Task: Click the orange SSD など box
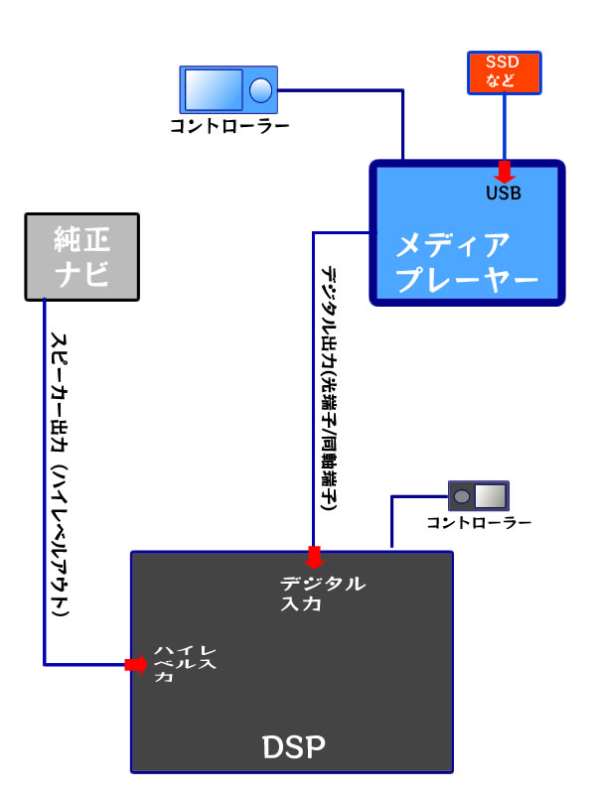[502, 72]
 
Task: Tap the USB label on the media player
[503, 193]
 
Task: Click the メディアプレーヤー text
[466, 262]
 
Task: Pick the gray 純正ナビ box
[81, 257]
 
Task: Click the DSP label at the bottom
[293, 745]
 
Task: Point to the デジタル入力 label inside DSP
[323, 593]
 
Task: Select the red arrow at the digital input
[314, 556]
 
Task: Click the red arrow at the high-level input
[135, 664]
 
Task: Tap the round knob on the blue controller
[260, 90]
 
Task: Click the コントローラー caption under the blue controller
[229, 127]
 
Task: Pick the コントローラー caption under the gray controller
[479, 523]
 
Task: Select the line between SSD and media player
[503, 129]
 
